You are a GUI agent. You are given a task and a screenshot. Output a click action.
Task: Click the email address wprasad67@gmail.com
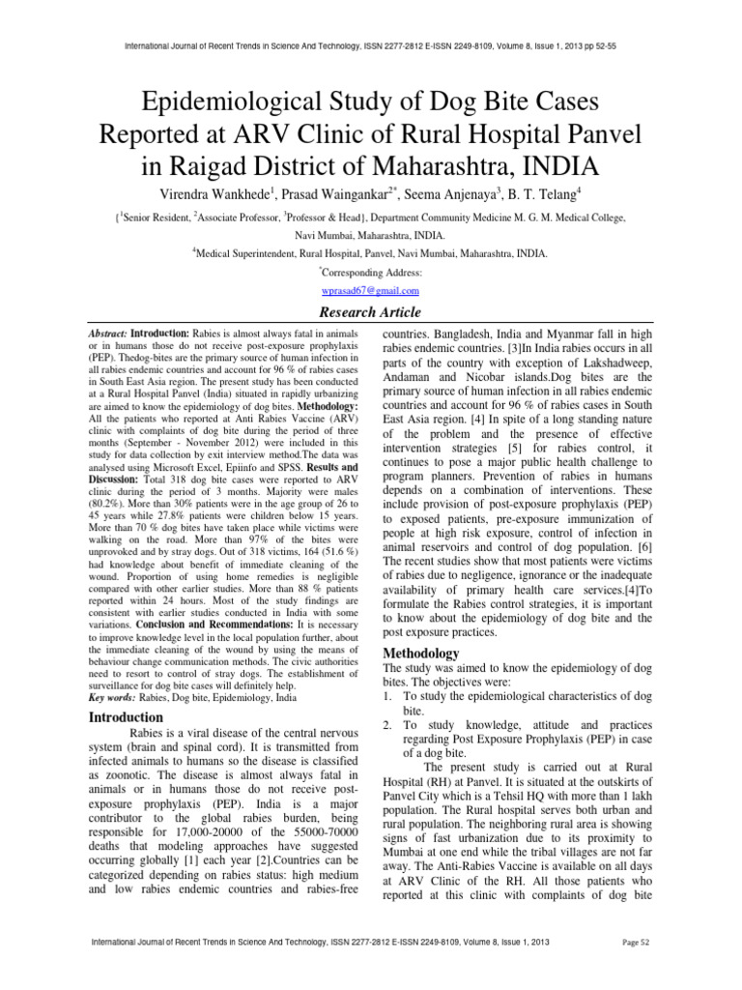pos(370,290)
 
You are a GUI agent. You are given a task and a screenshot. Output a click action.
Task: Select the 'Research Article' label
pos(371,312)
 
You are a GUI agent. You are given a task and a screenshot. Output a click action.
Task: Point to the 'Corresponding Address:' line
pos(371,273)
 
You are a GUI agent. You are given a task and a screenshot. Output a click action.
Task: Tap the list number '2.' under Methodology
pos(390,724)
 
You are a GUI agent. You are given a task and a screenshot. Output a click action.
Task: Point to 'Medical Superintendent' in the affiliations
pos(244,254)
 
